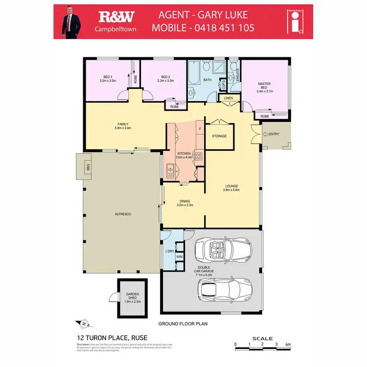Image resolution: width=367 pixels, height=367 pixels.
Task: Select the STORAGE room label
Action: point(219,136)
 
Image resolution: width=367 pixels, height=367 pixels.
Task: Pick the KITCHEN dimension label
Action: point(183,156)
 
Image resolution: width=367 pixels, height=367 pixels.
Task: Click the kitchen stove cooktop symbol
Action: point(199,157)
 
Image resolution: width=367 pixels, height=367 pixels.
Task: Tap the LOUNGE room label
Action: point(231,188)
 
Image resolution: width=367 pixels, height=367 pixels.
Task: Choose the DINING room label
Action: point(184,203)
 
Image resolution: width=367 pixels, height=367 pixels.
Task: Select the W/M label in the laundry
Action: point(179,256)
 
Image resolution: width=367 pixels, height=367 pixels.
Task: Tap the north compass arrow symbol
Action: point(84,323)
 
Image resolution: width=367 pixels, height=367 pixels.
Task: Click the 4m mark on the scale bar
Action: point(289,345)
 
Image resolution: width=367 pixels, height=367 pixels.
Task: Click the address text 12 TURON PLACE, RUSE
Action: point(112,338)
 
